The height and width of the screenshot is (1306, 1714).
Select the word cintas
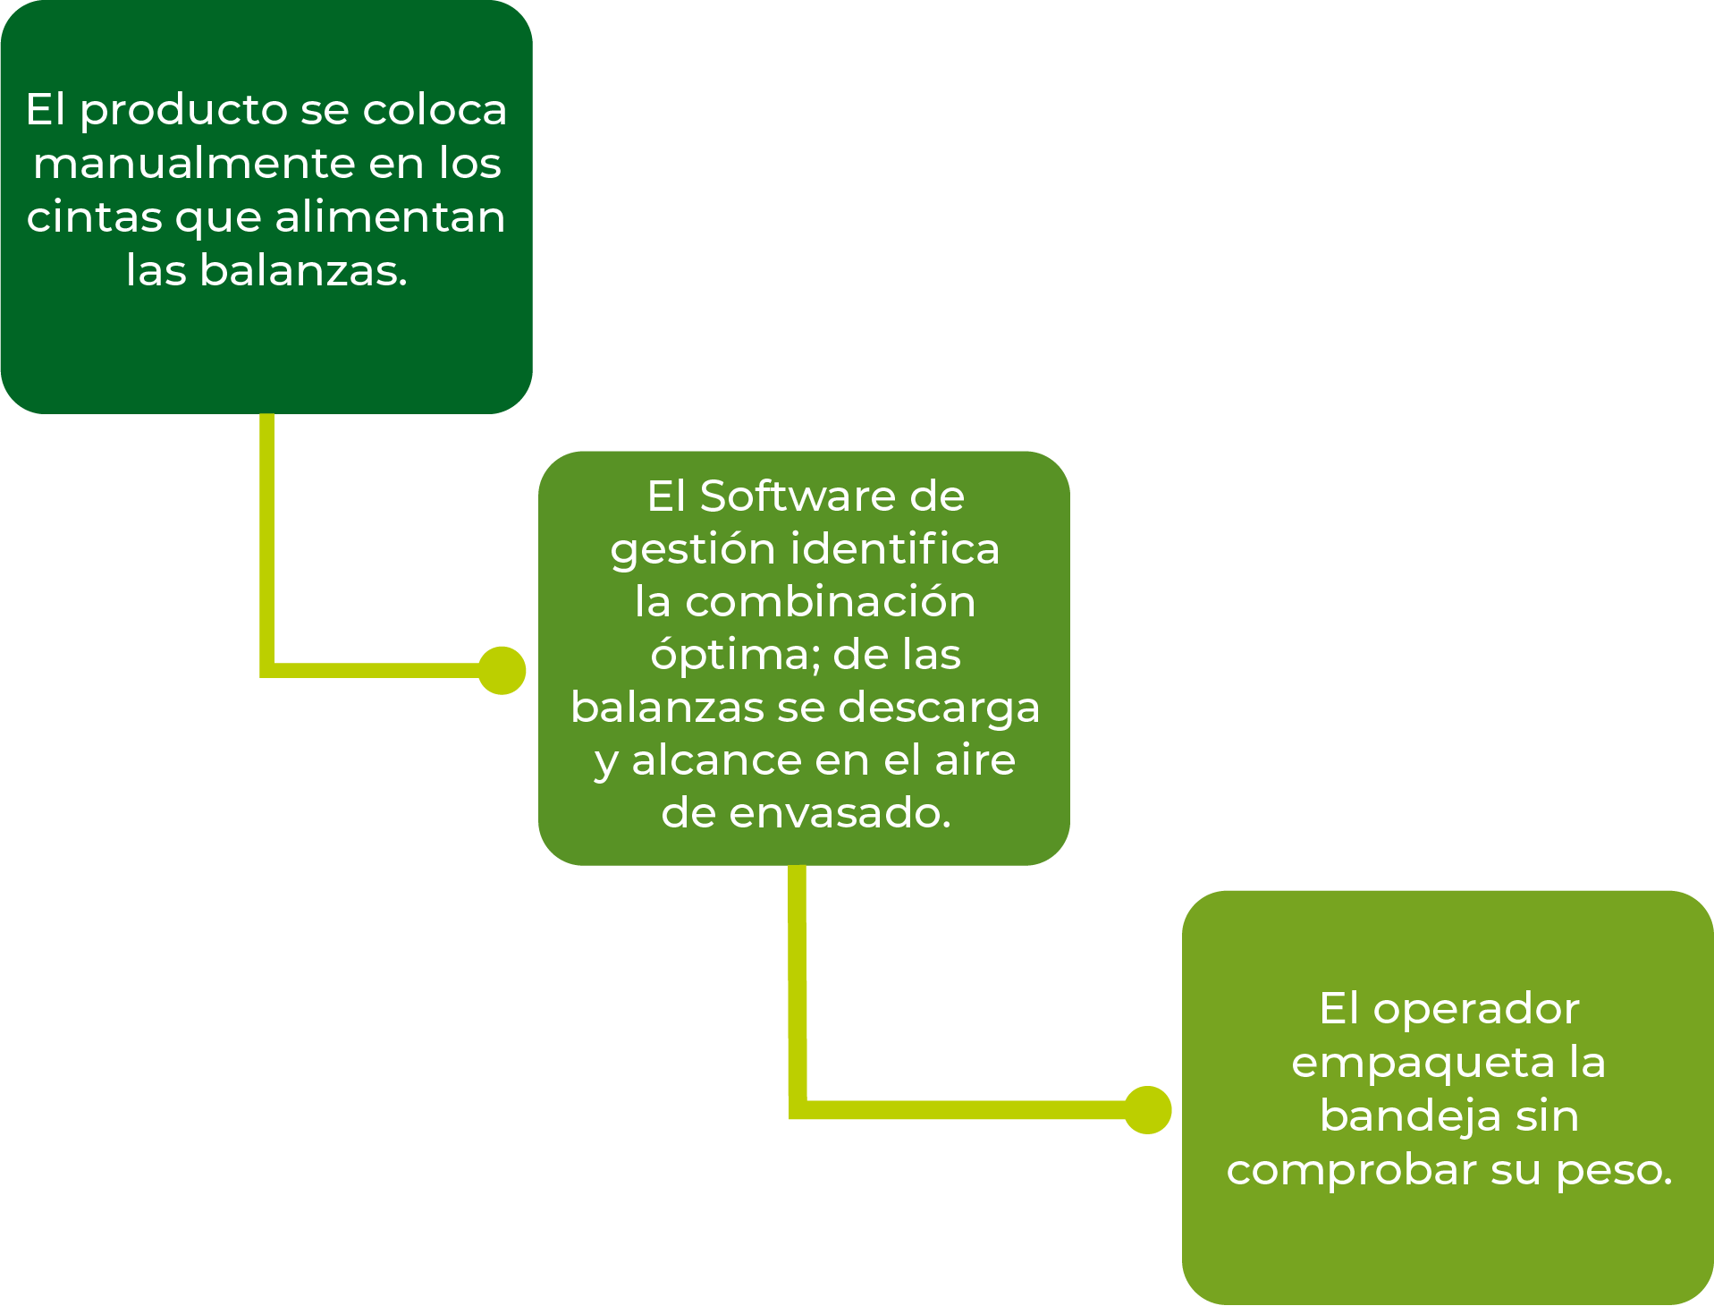click(x=95, y=217)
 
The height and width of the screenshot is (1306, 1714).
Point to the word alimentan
click(x=390, y=217)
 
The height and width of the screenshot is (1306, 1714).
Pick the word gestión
click(x=693, y=551)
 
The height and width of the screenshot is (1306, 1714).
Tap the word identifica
click(x=895, y=548)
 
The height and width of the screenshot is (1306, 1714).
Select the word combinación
click(x=831, y=601)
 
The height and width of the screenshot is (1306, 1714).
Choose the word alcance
click(x=716, y=760)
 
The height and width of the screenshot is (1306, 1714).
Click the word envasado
click(x=840, y=813)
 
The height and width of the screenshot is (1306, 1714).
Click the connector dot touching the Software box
click(x=502, y=670)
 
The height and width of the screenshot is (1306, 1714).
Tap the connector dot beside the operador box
click(x=1148, y=1110)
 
